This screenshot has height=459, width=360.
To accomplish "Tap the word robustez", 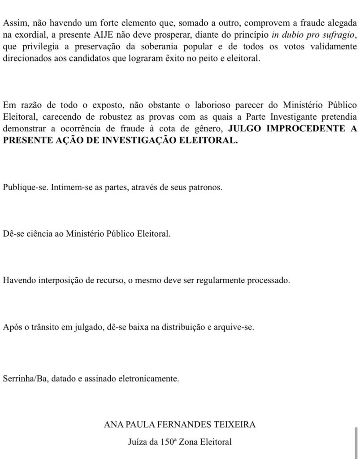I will pyautogui.click(x=106, y=117).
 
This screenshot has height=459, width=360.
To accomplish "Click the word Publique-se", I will pyautogui.click(x=25, y=188).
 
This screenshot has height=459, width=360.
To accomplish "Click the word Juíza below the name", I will pyautogui.click(x=138, y=442).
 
